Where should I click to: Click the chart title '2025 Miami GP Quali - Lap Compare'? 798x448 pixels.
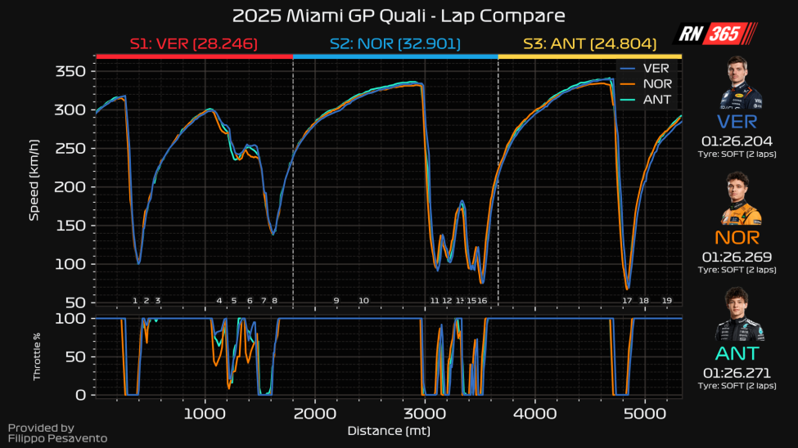(x=399, y=16)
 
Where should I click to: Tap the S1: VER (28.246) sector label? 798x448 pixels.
(x=194, y=44)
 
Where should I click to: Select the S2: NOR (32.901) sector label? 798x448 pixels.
(x=395, y=44)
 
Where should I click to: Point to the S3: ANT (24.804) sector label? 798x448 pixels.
(x=589, y=44)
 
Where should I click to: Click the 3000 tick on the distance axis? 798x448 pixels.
(x=425, y=413)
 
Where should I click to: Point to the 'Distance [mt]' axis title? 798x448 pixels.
(x=389, y=430)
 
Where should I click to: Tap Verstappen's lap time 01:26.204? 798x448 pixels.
(x=739, y=141)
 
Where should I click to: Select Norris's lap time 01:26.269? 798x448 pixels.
(x=739, y=257)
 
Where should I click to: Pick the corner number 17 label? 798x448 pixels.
(x=627, y=301)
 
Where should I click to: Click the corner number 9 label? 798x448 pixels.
(x=336, y=301)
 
